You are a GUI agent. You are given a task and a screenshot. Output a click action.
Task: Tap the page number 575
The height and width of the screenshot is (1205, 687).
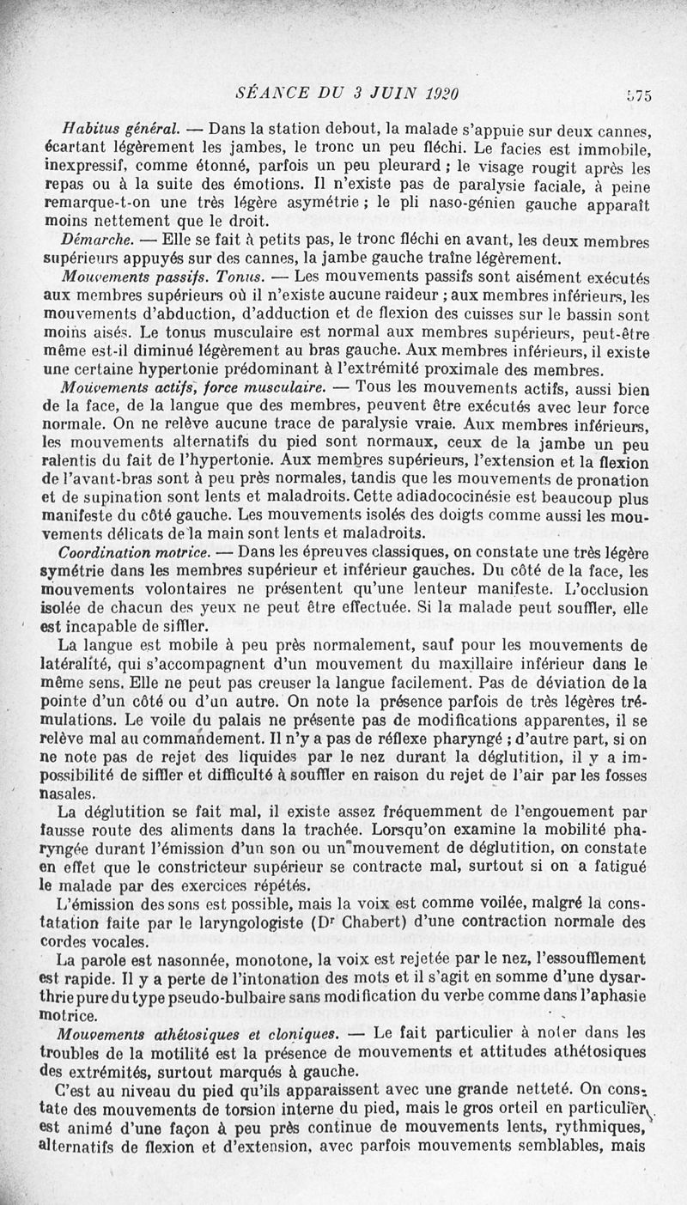click(638, 96)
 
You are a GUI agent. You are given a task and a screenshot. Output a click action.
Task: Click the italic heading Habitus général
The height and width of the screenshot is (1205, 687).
click(120, 130)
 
